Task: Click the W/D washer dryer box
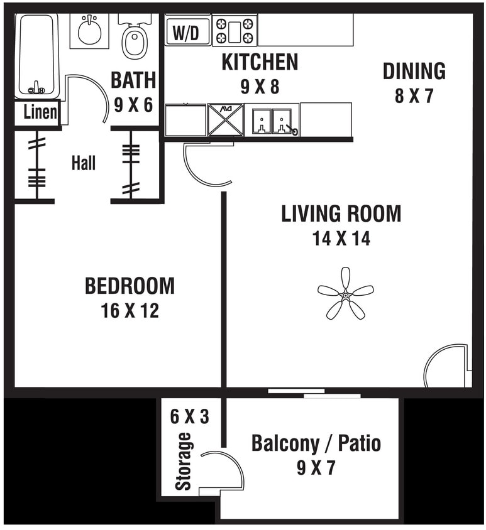[x=187, y=32]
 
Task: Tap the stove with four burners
[x=235, y=31]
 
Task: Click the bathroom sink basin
[x=89, y=31]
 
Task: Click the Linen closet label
[x=40, y=114]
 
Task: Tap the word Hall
[x=83, y=164]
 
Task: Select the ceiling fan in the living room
[x=345, y=293]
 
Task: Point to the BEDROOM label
[x=130, y=286]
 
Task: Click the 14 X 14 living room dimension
[x=341, y=239]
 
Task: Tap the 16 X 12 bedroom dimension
[x=130, y=310]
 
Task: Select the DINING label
[x=414, y=72]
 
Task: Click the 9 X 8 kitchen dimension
[x=259, y=86]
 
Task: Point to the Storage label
[x=183, y=462]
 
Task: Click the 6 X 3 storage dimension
[x=189, y=416]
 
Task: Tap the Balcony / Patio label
[x=316, y=443]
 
